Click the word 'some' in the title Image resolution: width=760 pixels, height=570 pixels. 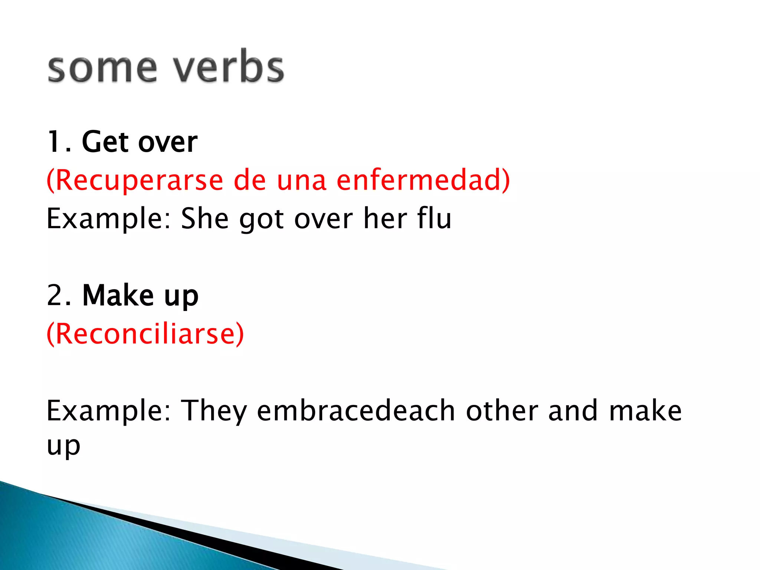coord(102,69)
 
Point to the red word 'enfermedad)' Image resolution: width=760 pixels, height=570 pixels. coord(423,180)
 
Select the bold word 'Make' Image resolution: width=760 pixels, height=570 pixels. coord(118,295)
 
